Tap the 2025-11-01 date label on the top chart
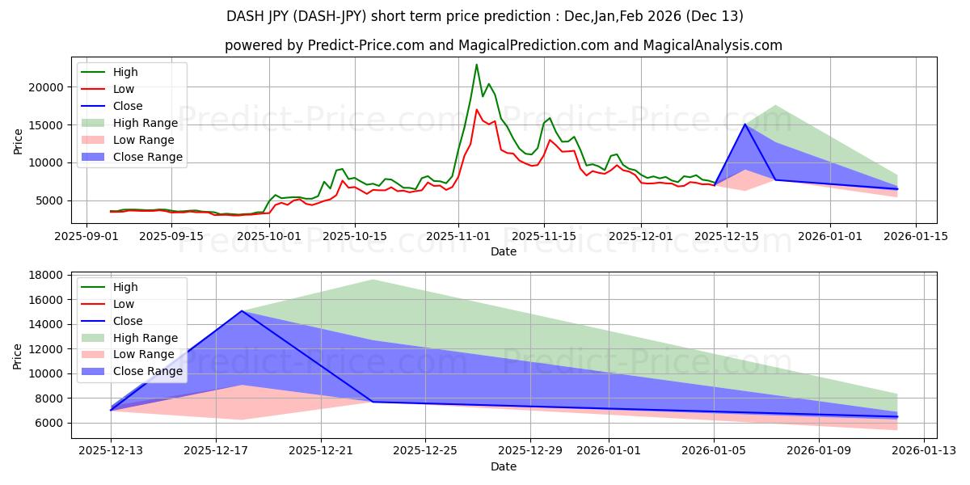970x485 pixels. click(458, 236)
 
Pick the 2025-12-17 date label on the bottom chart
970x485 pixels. click(216, 451)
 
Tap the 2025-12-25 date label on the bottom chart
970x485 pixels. click(425, 451)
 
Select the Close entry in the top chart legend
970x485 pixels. click(128, 106)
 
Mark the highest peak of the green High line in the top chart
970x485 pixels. click(476, 65)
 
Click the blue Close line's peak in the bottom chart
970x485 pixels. click(242, 311)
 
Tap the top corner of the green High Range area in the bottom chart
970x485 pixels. click(373, 280)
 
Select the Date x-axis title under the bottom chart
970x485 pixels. click(503, 466)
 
